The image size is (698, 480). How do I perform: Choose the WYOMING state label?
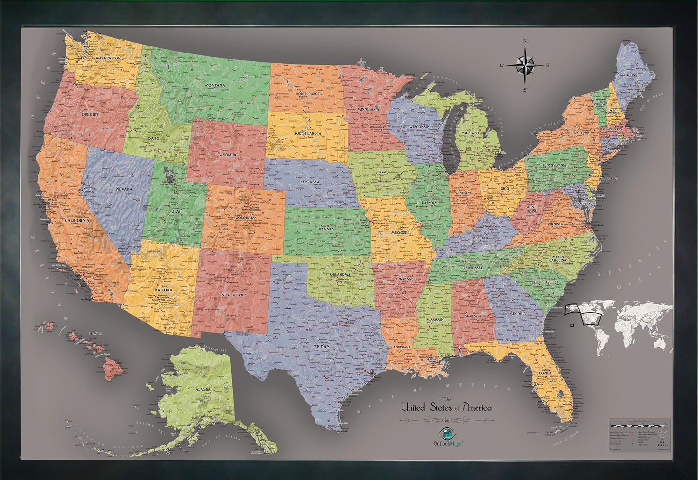(228, 154)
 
